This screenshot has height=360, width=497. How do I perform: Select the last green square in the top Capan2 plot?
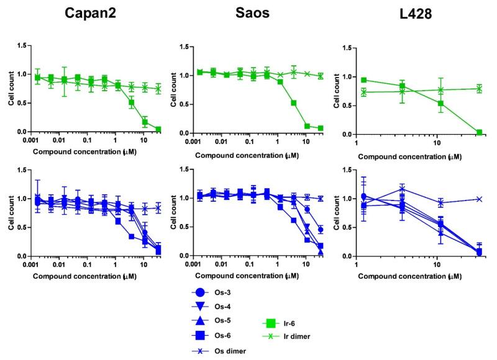(x=158, y=129)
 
